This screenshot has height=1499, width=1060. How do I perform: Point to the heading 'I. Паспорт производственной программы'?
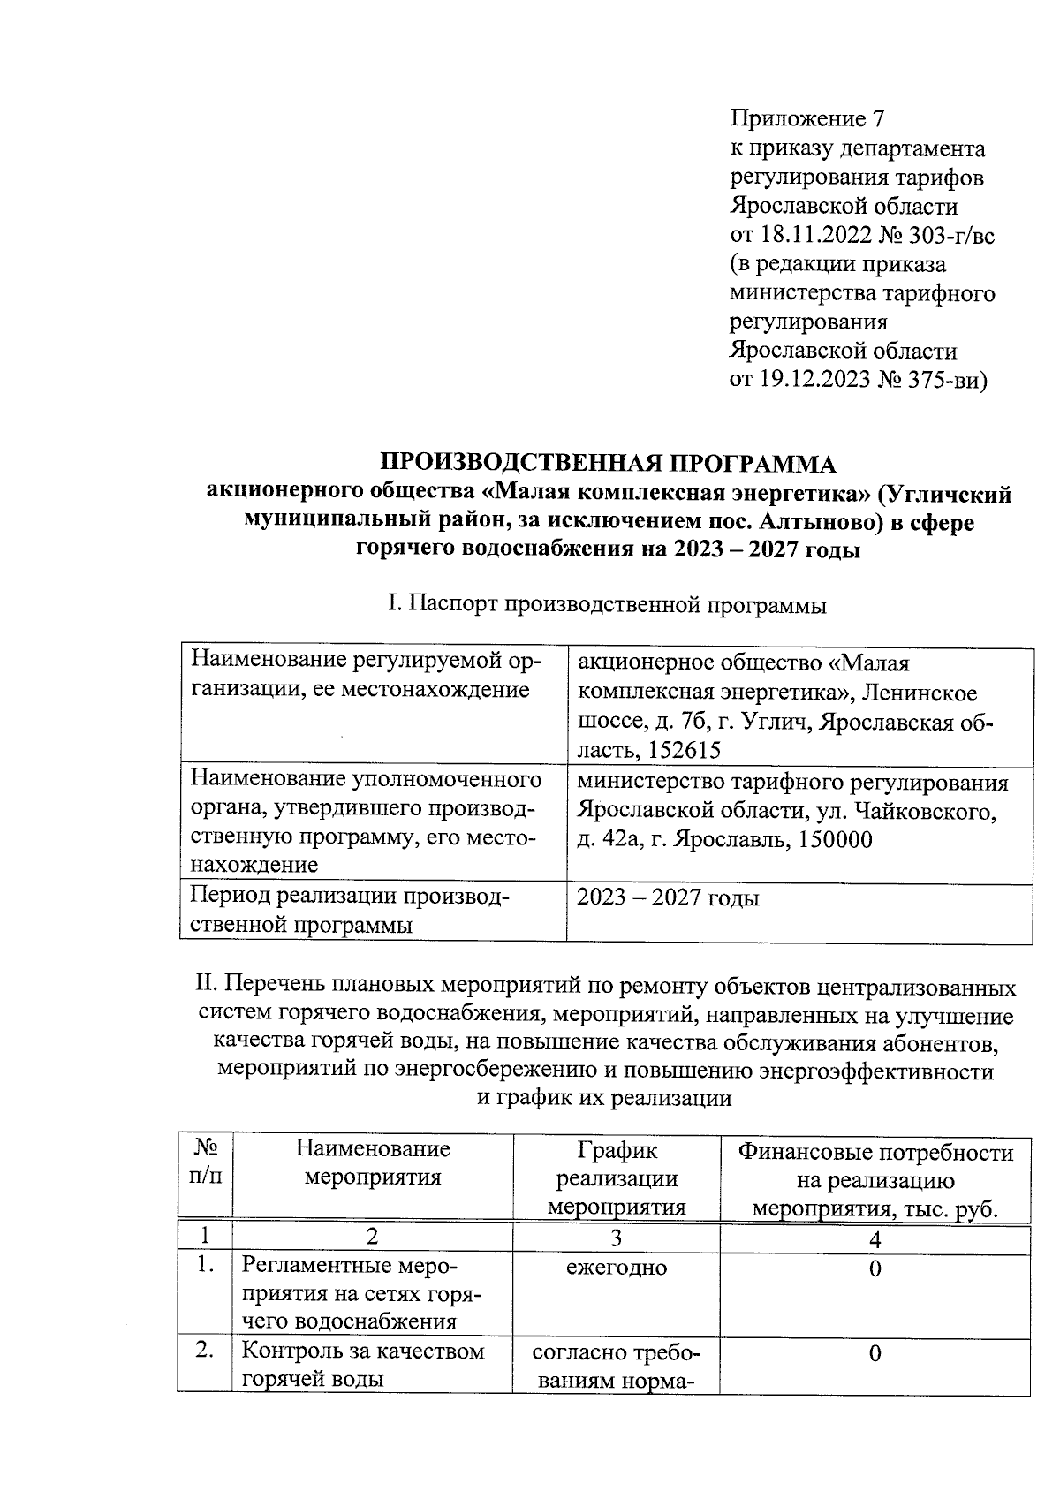(607, 606)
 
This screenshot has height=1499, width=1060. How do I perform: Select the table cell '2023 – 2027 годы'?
(668, 898)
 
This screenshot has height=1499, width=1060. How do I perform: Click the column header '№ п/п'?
(205, 1162)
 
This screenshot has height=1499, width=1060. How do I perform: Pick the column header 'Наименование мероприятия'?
(372, 1162)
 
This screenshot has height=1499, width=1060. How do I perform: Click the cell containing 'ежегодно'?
(617, 1268)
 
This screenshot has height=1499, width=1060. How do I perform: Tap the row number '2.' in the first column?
(205, 1352)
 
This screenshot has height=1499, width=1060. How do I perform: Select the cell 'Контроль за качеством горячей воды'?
(363, 1365)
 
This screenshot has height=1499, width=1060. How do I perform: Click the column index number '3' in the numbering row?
(617, 1238)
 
